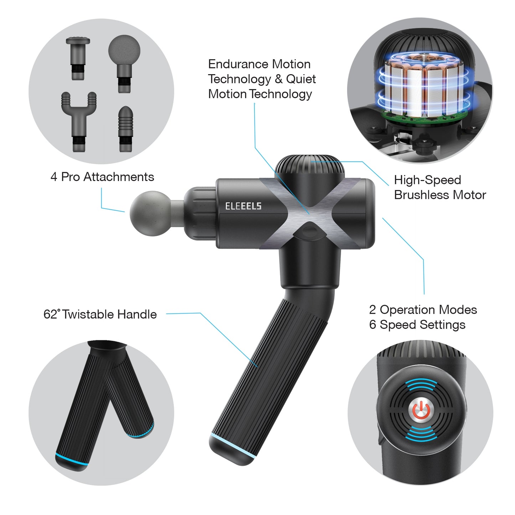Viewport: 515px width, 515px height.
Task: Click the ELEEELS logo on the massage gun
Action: click(243, 206)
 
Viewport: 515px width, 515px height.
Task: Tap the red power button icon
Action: click(421, 410)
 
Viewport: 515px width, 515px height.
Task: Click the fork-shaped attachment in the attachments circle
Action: click(79, 122)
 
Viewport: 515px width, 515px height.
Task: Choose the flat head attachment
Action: click(78, 58)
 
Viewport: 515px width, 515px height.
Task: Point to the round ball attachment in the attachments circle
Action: click(124, 63)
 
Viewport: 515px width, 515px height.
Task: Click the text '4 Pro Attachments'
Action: click(102, 177)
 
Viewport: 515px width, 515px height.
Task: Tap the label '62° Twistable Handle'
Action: click(100, 314)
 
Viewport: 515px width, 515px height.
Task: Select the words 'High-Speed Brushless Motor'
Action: click(440, 187)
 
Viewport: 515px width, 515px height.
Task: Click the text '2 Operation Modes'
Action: click(423, 310)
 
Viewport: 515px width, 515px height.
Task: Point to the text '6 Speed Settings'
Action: click(417, 325)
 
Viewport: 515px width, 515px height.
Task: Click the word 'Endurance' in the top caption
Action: click(238, 64)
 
